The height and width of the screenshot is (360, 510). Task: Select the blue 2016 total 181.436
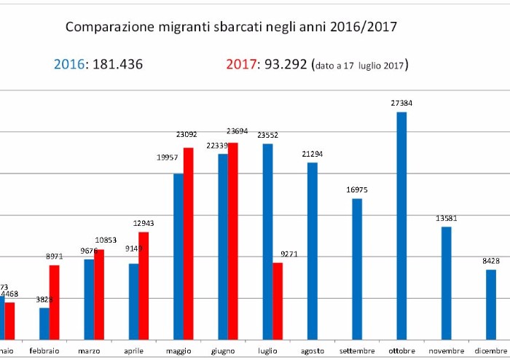tap(98, 64)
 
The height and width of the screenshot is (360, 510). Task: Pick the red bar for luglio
tap(278, 300)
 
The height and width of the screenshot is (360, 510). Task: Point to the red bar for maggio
tap(188, 243)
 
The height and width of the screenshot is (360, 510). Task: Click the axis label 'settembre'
tap(356, 351)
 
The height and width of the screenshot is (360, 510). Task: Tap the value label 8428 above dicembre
tap(490, 261)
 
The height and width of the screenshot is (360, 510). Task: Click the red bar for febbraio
tap(55, 302)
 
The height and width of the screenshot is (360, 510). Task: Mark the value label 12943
tap(144, 223)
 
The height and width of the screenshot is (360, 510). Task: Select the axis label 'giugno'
tap(223, 351)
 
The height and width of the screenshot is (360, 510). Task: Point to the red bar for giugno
tap(233, 240)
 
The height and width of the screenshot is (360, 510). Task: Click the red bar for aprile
tap(144, 285)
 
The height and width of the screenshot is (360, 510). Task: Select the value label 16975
tap(356, 189)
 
